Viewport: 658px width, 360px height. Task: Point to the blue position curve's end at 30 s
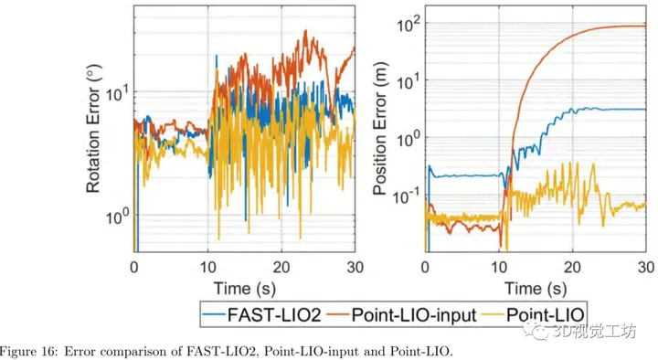(643, 110)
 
